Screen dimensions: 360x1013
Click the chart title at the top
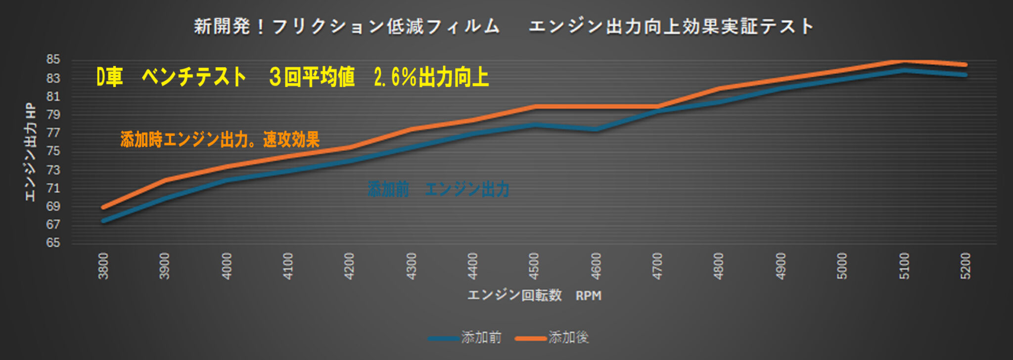(x=504, y=26)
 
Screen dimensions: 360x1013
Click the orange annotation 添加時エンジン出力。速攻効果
(x=220, y=140)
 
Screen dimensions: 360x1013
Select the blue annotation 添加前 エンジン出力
(x=438, y=189)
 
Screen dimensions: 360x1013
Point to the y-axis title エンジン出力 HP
(x=31, y=152)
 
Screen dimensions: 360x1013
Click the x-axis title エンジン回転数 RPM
(x=534, y=295)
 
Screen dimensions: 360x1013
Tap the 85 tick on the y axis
(x=53, y=60)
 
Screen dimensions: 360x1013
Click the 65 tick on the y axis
(x=53, y=243)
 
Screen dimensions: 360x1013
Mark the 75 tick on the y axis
(x=53, y=151)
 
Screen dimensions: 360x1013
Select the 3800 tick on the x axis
(x=103, y=266)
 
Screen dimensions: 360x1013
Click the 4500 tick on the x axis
(x=534, y=266)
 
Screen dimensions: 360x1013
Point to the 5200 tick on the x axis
(x=966, y=266)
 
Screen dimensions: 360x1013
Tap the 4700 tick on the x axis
(x=657, y=266)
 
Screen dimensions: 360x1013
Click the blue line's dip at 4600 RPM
(x=596, y=130)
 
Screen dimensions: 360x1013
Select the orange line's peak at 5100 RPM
(x=904, y=61)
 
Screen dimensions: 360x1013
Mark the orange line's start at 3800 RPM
(x=103, y=207)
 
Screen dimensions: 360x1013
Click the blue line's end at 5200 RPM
(x=965, y=75)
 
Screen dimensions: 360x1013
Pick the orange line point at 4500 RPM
(x=534, y=106)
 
